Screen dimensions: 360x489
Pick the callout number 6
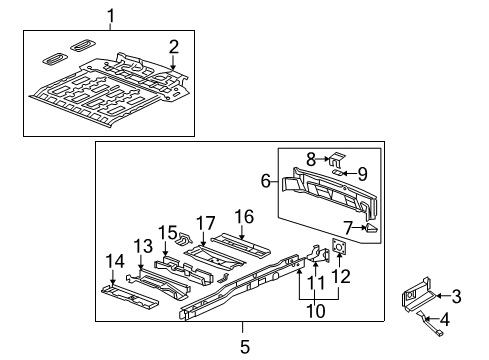pyautogui.click(x=266, y=182)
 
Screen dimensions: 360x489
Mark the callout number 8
pyautogui.click(x=311, y=158)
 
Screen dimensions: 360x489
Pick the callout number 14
pyautogui.click(x=116, y=261)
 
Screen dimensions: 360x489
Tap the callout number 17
pyautogui.click(x=205, y=224)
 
